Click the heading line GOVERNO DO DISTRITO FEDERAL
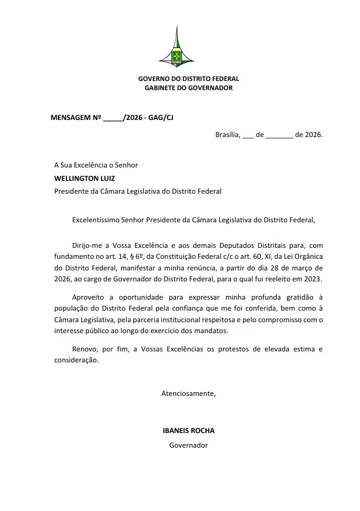coord(188,79)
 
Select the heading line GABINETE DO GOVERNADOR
coord(188,88)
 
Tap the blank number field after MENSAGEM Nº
coord(113,118)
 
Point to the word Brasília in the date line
coord(227,135)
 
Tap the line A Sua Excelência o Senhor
coord(96,165)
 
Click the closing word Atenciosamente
coord(188,393)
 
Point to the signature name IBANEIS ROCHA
coord(188,431)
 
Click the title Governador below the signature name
coord(188,445)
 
